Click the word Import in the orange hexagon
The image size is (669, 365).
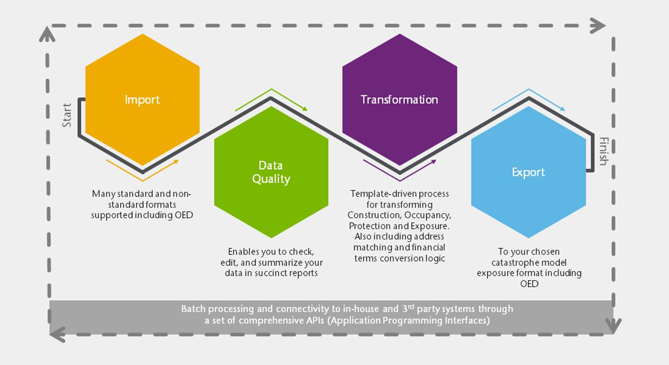click(x=142, y=100)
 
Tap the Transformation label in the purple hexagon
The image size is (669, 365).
click(x=399, y=100)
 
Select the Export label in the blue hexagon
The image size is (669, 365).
click(x=528, y=173)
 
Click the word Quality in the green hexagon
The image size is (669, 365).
click(x=271, y=179)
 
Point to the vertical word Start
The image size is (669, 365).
click(x=67, y=115)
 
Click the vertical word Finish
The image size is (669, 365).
click(x=603, y=151)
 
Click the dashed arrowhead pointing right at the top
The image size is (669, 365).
click(x=598, y=26)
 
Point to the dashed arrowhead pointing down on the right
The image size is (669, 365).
click(x=613, y=326)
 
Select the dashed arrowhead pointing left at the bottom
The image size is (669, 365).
click(x=58, y=334)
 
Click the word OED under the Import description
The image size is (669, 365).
click(x=184, y=215)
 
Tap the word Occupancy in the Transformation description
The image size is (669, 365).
click(x=428, y=215)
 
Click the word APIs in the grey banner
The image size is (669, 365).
click(x=315, y=320)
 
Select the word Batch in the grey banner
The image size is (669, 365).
click(x=193, y=309)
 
